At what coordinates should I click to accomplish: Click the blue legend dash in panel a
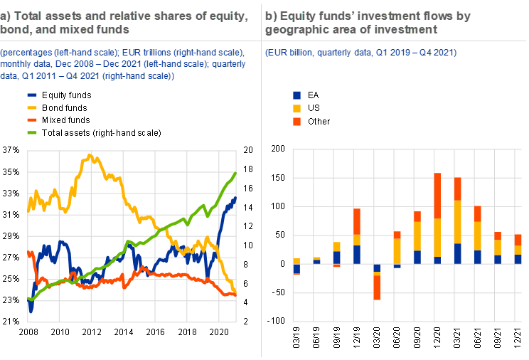pyautogui.click(x=32, y=95)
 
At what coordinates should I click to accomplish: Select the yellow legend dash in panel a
pyautogui.click(x=32, y=107)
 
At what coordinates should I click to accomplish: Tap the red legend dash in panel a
pyautogui.click(x=32, y=120)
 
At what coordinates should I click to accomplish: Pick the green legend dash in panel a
pyautogui.click(x=32, y=132)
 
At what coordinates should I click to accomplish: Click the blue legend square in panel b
pyautogui.click(x=296, y=95)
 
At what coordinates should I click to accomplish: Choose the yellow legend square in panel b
pyautogui.click(x=296, y=108)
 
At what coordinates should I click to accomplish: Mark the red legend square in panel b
pyautogui.click(x=296, y=122)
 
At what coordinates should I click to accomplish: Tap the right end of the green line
pyautogui.click(x=236, y=173)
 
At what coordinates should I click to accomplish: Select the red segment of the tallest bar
pyautogui.click(x=438, y=196)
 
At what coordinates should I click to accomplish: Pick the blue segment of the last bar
pyautogui.click(x=518, y=259)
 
